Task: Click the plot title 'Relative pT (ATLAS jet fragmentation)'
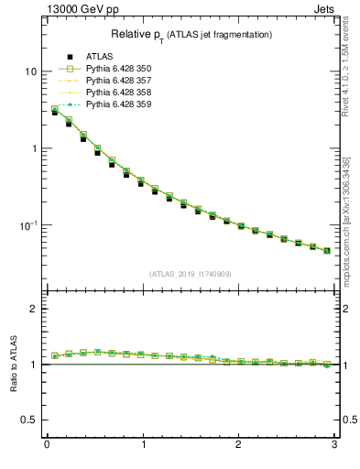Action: (191, 34)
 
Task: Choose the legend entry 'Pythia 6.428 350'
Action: (118, 69)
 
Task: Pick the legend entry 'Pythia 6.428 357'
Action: (118, 81)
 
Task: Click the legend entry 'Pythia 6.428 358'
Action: (118, 93)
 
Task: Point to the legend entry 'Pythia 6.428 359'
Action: (118, 104)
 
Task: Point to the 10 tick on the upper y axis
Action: (31, 71)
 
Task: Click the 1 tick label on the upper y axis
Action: (34, 148)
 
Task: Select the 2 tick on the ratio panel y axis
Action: (34, 309)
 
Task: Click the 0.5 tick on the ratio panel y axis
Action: (29, 420)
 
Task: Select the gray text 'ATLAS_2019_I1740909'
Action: (191, 274)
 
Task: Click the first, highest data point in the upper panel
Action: (55, 110)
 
